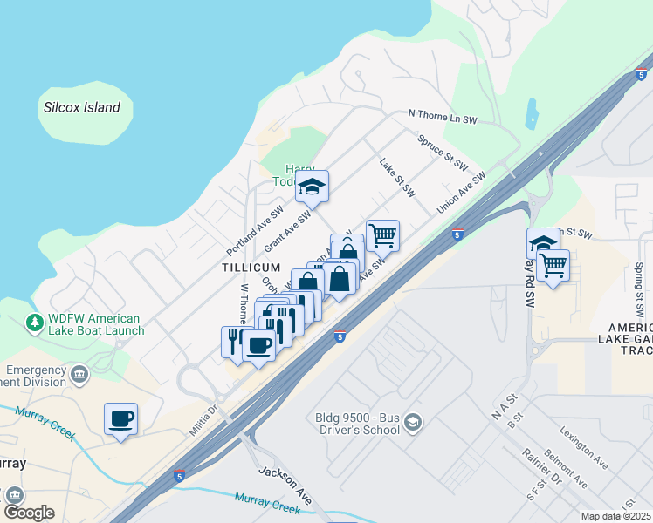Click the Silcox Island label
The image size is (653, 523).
coord(82,108)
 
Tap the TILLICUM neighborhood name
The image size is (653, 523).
coord(251,267)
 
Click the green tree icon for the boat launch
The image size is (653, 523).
coord(35,323)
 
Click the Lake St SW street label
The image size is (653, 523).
coord(396,176)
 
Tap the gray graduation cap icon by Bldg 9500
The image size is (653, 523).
coord(413,423)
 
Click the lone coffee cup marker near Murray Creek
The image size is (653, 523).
coord(120,418)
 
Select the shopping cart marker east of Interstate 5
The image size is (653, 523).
coord(553,265)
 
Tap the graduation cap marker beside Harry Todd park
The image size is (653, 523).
coord(312,187)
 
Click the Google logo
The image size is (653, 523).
coord(29,512)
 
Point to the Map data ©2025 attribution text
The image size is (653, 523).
coord(616,516)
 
